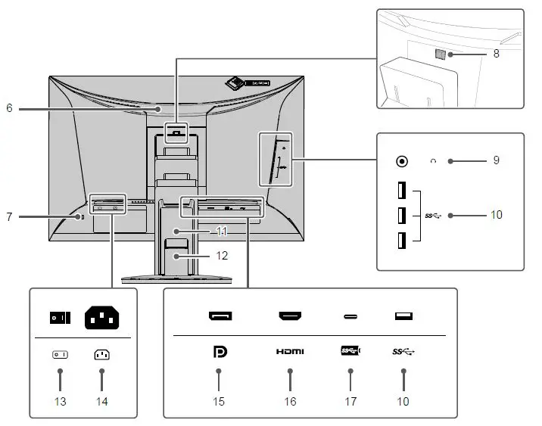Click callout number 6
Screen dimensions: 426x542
(9, 109)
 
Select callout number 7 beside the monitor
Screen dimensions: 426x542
(9, 217)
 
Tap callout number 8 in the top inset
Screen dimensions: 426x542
(497, 54)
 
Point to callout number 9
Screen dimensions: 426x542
(497, 161)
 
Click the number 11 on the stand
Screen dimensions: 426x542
(221, 231)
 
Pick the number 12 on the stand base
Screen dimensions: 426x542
(221, 256)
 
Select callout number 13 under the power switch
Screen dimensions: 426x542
(60, 401)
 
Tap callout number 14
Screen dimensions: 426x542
(101, 401)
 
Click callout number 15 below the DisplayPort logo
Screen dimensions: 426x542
(219, 401)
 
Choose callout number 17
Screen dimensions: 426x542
(350, 401)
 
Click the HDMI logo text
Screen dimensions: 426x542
(290, 352)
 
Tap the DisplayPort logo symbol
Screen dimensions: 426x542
(219, 352)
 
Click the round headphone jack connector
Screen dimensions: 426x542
(403, 161)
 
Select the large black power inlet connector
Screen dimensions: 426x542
(101, 318)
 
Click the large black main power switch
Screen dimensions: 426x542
(60, 318)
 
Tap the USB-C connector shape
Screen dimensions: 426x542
(350, 316)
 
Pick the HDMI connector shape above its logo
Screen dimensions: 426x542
(290, 316)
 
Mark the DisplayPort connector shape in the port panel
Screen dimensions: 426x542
(220, 316)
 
